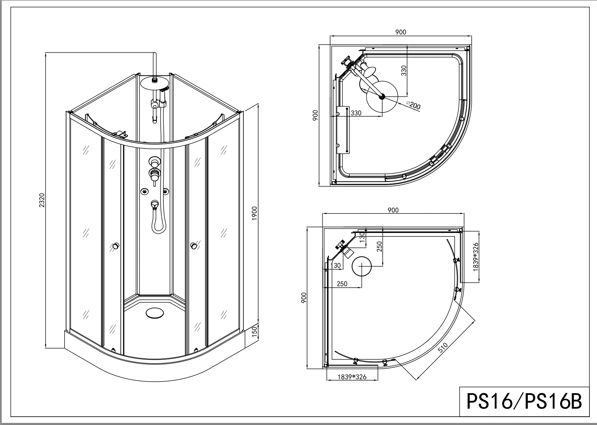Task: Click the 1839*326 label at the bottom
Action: pyautogui.click(x=352, y=377)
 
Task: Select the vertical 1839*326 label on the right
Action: pyautogui.click(x=476, y=257)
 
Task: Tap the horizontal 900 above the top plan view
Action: pyautogui.click(x=401, y=32)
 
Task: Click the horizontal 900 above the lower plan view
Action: pyautogui.click(x=393, y=210)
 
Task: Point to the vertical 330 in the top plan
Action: pyautogui.click(x=404, y=71)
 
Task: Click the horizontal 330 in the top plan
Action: pyautogui.click(x=356, y=113)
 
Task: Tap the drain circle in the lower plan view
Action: pyautogui.click(x=361, y=266)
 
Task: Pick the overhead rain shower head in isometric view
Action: pyautogui.click(x=154, y=82)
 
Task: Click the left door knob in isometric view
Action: pyautogui.click(x=115, y=246)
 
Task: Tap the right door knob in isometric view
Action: pyautogui.click(x=194, y=246)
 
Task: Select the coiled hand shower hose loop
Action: pyautogui.click(x=158, y=223)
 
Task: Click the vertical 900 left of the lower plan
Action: pyautogui.click(x=303, y=298)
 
